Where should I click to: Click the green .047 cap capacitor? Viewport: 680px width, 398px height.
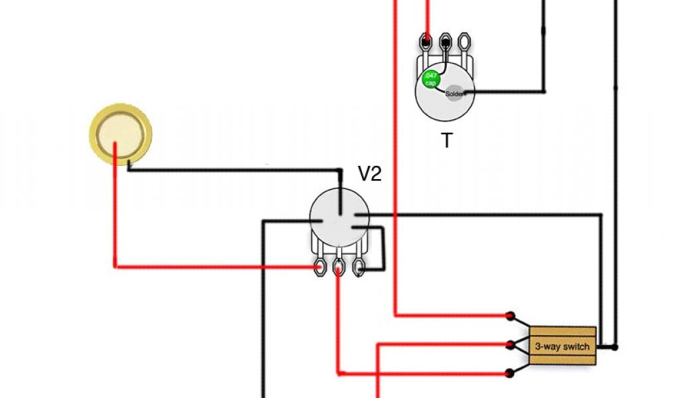tap(430, 79)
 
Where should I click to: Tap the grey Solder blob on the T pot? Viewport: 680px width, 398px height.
tap(456, 94)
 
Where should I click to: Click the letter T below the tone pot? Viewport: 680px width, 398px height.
tap(447, 141)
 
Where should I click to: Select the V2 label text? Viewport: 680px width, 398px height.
tap(370, 174)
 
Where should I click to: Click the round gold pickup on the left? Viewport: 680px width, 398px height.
tap(121, 135)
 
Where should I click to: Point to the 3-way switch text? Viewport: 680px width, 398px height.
tap(562, 346)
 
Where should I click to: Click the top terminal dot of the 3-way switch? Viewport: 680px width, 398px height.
tap(511, 316)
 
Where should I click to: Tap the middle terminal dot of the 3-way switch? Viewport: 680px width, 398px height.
tap(511, 344)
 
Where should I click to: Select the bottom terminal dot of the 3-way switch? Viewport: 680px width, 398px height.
tap(511, 373)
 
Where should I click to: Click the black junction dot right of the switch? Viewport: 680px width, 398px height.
tap(615, 346)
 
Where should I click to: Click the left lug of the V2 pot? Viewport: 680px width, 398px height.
tap(320, 267)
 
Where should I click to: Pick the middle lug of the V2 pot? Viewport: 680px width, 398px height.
tap(339, 267)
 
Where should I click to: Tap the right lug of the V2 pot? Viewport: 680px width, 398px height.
tap(359, 267)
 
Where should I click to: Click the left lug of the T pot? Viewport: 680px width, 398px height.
tap(425, 42)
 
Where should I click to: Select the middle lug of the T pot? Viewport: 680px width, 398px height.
tap(445, 42)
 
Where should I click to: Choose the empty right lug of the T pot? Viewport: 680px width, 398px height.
tap(465, 42)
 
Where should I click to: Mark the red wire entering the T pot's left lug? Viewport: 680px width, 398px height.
tap(427, 17)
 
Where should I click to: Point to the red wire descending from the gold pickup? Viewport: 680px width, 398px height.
tap(116, 212)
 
